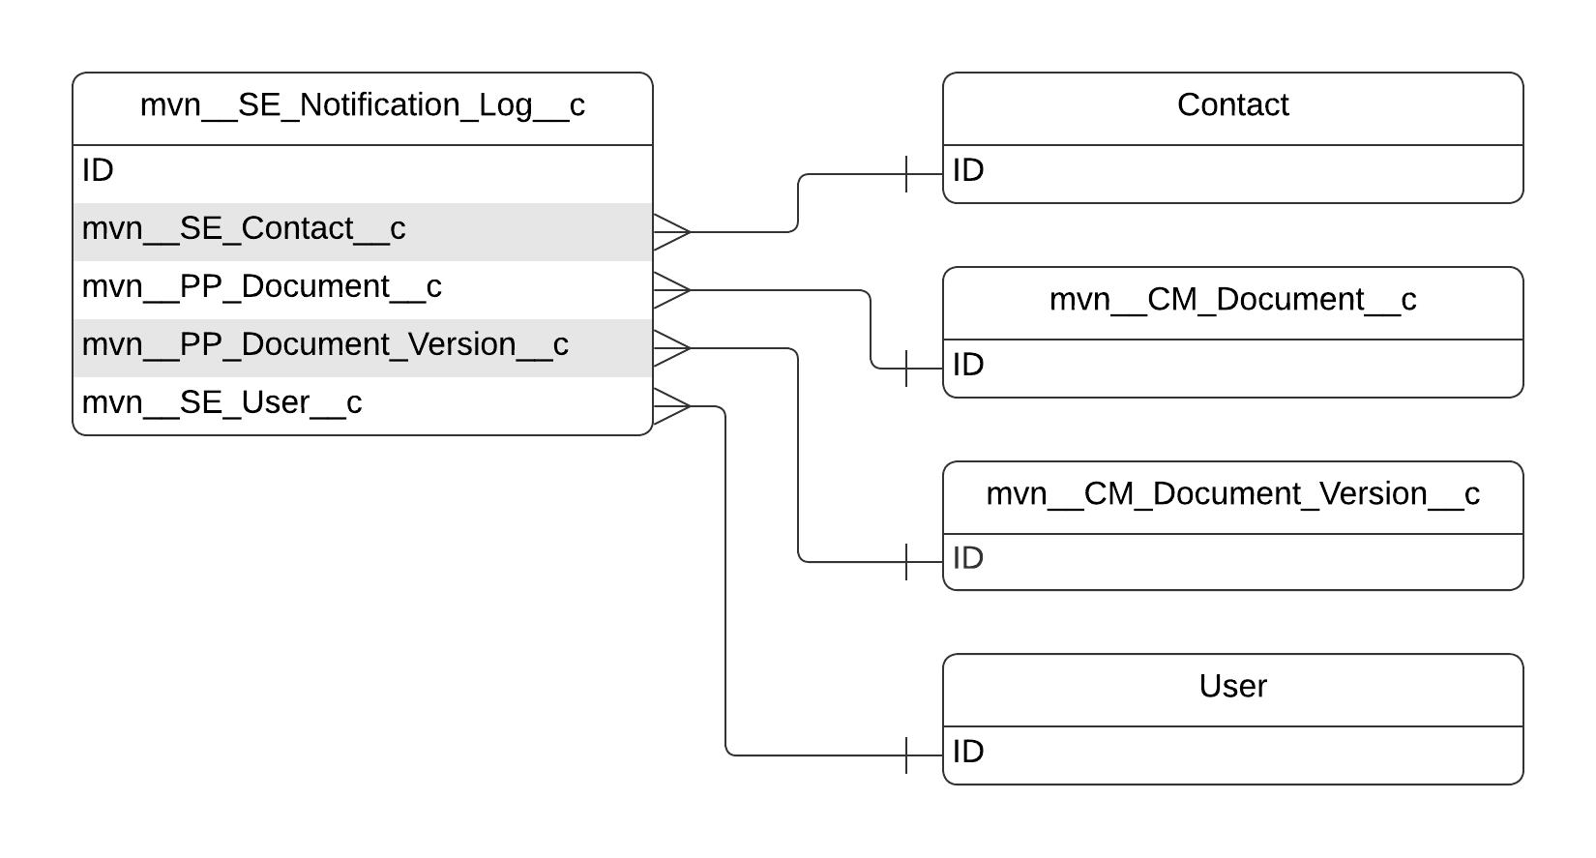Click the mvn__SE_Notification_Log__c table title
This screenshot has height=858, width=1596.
[x=362, y=105]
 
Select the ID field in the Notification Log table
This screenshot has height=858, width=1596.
[x=98, y=171]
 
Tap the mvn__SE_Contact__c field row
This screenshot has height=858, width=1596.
[x=244, y=229]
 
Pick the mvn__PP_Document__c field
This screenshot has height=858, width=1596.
[x=261, y=287]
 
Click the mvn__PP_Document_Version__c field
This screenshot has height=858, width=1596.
[x=325, y=345]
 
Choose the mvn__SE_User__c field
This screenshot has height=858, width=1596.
[x=222, y=403]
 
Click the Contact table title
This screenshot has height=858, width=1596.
[x=1232, y=105]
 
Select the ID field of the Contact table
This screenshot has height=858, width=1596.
[x=968, y=171]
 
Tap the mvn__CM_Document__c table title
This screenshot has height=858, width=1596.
[x=1232, y=300]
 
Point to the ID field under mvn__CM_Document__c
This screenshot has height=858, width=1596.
[x=968, y=366]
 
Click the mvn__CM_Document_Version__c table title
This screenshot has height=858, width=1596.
[x=1232, y=494]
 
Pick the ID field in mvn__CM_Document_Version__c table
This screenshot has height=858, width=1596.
[x=968, y=559]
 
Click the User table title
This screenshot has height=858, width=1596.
[x=1232, y=687]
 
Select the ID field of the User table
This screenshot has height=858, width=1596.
[x=968, y=753]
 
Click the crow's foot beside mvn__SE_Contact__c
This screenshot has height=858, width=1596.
[x=671, y=232]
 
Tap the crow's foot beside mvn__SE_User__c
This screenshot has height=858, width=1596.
[x=671, y=406]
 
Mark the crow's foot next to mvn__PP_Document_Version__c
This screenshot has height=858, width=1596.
[x=671, y=348]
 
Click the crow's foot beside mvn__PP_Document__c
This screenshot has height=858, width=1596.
[x=671, y=290]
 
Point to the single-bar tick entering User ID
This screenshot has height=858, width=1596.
[x=906, y=755]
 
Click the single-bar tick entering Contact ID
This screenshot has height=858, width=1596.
[x=906, y=174]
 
